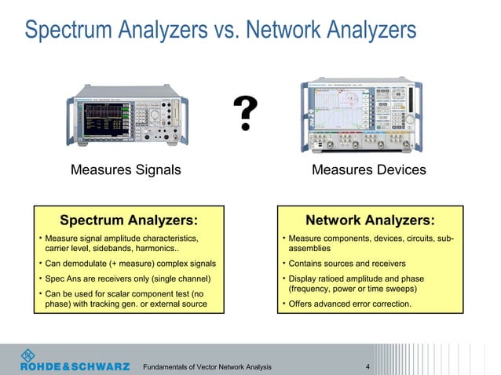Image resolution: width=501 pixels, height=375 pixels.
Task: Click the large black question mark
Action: tap(247, 115)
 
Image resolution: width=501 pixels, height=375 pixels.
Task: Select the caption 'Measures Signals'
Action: tap(126, 169)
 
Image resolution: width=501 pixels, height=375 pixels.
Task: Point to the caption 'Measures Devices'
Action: tap(368, 169)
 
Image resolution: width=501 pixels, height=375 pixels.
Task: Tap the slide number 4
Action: tap(368, 366)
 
